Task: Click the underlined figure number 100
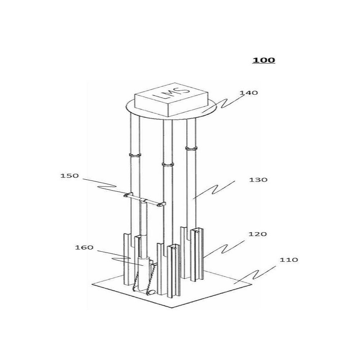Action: pos(264,60)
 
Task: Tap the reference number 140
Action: pos(249,93)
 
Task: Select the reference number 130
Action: pos(258,180)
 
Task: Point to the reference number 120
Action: pos(258,234)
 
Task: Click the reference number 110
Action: pos(289,260)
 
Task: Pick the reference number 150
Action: pos(69,176)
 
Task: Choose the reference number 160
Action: pos(84,248)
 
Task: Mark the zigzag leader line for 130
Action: pos(213,190)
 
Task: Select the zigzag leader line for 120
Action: pos(224,249)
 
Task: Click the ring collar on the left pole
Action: pos(135,155)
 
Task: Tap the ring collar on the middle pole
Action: pos(168,165)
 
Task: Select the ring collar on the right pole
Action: pos(191,149)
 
